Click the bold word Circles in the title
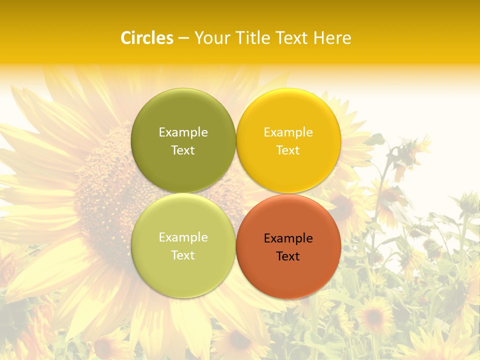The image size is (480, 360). [147, 38]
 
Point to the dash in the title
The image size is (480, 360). [183, 38]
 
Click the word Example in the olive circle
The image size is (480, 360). [183, 132]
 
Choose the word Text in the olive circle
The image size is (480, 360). [183, 150]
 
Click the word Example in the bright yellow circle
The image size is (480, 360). [288, 132]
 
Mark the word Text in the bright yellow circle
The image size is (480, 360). [288, 150]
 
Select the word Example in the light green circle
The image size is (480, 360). [183, 237]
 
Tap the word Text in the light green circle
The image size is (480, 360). [183, 255]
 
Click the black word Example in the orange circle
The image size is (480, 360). [288, 238]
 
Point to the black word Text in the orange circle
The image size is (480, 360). [288, 256]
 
